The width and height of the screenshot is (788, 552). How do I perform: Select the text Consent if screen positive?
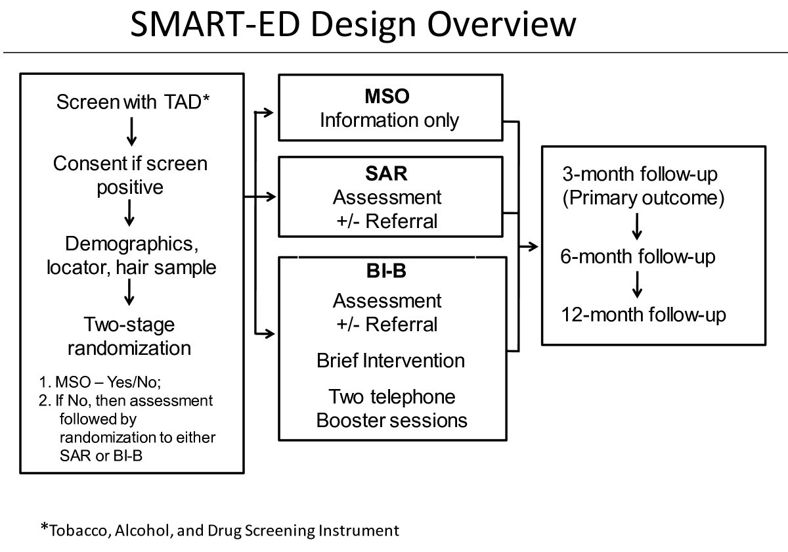point(130,175)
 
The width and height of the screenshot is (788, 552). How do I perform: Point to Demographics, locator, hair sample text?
point(130,256)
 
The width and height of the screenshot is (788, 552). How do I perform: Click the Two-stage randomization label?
point(130,335)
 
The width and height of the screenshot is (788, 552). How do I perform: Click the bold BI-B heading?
point(387,272)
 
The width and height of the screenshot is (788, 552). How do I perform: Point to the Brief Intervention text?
point(390,361)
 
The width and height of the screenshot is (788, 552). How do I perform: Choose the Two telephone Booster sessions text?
point(391,408)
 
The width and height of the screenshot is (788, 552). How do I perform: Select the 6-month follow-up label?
point(638,257)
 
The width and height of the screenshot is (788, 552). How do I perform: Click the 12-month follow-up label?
point(644,315)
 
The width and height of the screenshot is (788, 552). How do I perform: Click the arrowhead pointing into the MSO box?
point(271,113)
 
